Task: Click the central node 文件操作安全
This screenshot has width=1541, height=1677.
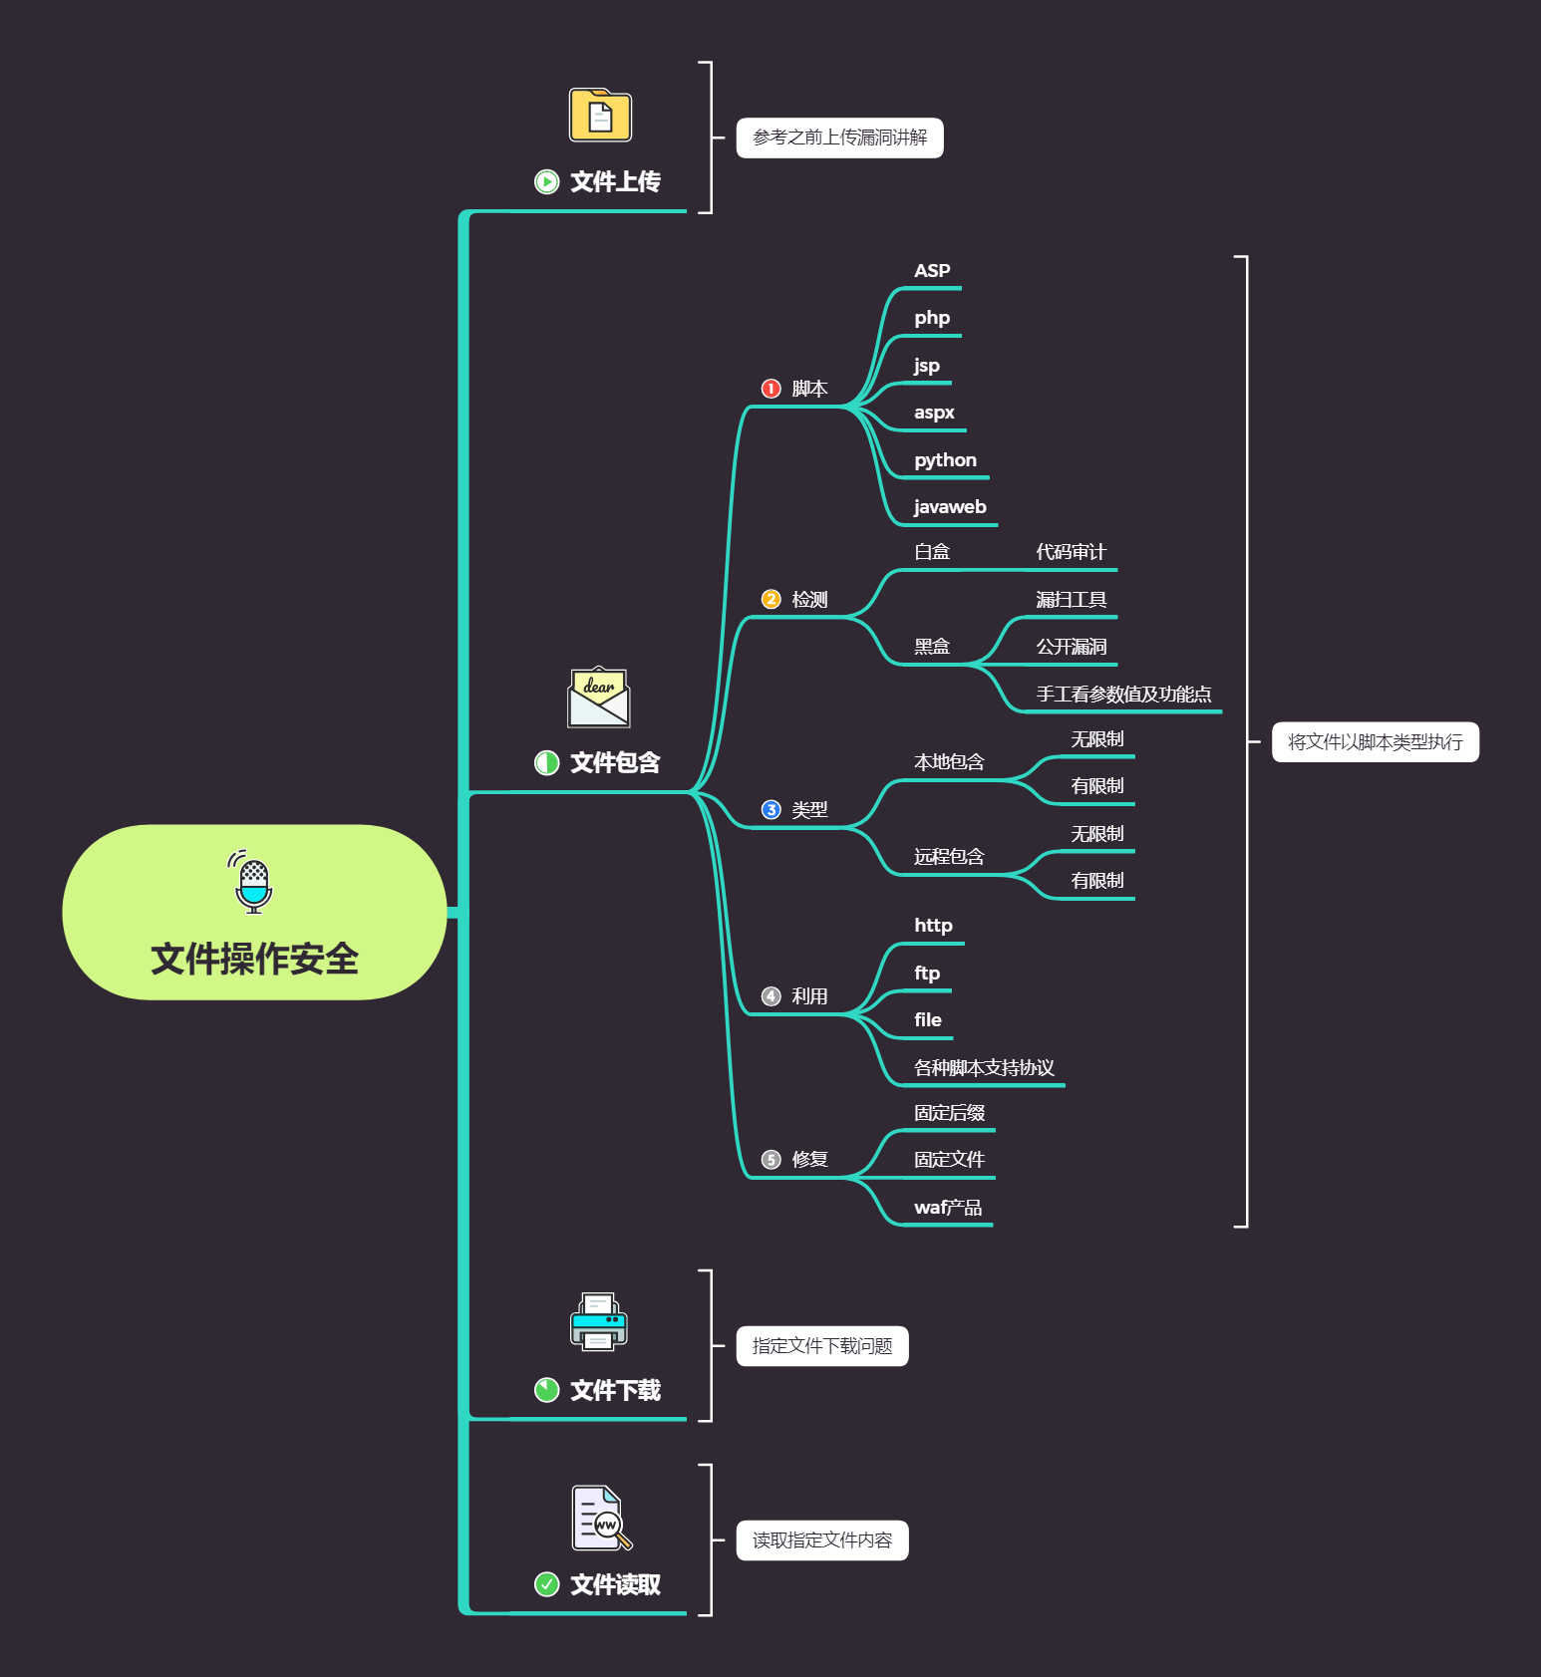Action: tap(254, 958)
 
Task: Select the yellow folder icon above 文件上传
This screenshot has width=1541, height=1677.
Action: tap(600, 116)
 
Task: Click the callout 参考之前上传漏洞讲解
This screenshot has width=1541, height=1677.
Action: tap(839, 138)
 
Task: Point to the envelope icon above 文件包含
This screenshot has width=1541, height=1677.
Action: tap(598, 698)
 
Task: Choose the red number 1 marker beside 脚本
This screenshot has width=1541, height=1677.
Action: tap(770, 389)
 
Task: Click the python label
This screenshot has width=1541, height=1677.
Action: tap(945, 460)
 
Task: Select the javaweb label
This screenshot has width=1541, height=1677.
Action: tap(950, 507)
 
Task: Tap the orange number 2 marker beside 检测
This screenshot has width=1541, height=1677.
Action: tap(770, 599)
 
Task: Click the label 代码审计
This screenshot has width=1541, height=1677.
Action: tap(1071, 552)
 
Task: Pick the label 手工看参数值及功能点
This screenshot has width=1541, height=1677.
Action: tap(1123, 695)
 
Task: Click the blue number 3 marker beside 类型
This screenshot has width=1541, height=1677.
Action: tap(770, 810)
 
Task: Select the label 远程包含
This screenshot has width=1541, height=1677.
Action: tap(949, 857)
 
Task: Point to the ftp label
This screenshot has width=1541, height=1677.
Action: tap(927, 974)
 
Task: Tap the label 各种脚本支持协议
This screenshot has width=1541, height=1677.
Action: tap(984, 1068)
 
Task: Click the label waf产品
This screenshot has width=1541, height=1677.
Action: tap(948, 1208)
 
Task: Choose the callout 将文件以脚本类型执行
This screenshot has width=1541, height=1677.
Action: tap(1375, 742)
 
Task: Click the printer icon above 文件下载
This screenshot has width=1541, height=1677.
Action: tap(599, 1322)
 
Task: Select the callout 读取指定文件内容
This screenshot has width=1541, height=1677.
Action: tap(821, 1540)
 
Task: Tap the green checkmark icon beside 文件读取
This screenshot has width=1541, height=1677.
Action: tap(546, 1584)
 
